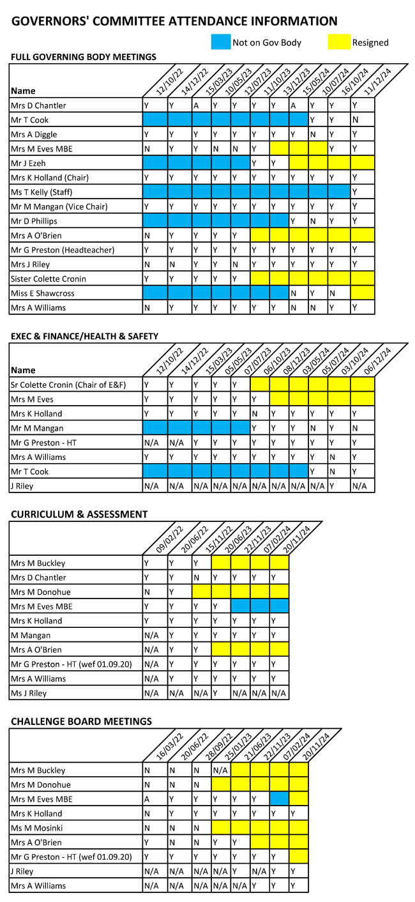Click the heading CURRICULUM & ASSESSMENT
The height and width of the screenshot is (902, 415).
click(79, 514)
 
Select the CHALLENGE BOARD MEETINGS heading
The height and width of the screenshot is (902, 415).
click(81, 721)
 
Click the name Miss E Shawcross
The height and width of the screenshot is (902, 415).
click(43, 293)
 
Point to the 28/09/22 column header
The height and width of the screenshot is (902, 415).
click(209, 746)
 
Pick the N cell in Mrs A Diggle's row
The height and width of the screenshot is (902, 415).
click(312, 134)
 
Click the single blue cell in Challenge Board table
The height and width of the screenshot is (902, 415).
click(279, 799)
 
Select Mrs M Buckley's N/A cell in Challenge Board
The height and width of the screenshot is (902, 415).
click(220, 770)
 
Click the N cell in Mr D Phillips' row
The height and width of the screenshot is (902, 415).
click(312, 221)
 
